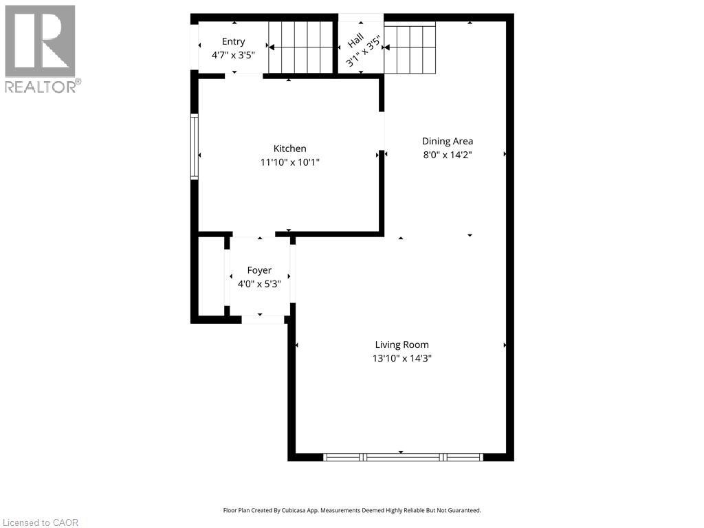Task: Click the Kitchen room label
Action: pos(289,148)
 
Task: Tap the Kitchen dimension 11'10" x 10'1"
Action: pos(289,162)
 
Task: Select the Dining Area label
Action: pos(447,141)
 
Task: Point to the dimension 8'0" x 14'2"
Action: pos(447,155)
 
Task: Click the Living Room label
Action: pos(401,344)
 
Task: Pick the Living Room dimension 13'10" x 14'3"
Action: pos(401,358)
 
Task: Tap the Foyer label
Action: pos(259,270)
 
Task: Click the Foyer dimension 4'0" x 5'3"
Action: pos(259,283)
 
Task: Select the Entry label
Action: pos(233,42)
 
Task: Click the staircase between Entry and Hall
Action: pos(300,47)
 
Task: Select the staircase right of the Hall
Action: pos(410,49)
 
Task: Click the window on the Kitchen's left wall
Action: pos(195,147)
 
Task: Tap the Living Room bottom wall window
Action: pos(403,456)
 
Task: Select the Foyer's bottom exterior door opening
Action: pos(263,320)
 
